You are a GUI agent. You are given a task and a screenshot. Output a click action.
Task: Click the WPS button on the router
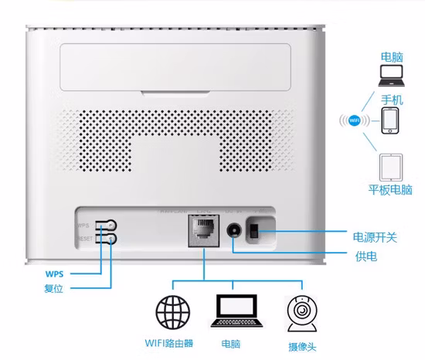[x=111, y=226]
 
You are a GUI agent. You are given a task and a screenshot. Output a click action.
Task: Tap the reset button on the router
[x=111, y=239]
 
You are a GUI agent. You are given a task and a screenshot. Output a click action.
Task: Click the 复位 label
[x=54, y=290]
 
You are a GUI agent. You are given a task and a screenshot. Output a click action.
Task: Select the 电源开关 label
[x=374, y=236]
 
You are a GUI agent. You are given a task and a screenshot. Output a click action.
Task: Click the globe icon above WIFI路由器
[x=173, y=312]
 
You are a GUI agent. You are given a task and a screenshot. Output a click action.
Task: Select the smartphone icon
[x=390, y=121]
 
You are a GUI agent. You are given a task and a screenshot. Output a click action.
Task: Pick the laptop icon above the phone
[x=390, y=76]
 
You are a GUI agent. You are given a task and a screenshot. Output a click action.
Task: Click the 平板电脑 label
[x=389, y=190]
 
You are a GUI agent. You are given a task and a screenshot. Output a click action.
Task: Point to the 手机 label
[x=392, y=100]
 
